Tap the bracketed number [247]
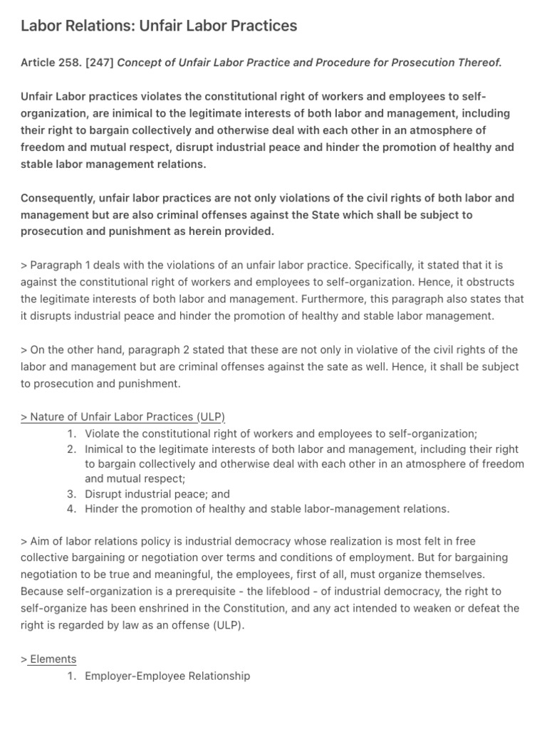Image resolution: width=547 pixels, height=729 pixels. point(98,63)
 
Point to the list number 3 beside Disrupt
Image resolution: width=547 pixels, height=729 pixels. point(71,494)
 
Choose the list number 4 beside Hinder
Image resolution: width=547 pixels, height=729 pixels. point(71,509)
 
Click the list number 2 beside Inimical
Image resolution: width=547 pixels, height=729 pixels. point(71,449)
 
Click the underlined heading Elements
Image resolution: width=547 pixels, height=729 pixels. point(53,659)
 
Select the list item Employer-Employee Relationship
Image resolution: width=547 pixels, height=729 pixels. point(167,676)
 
